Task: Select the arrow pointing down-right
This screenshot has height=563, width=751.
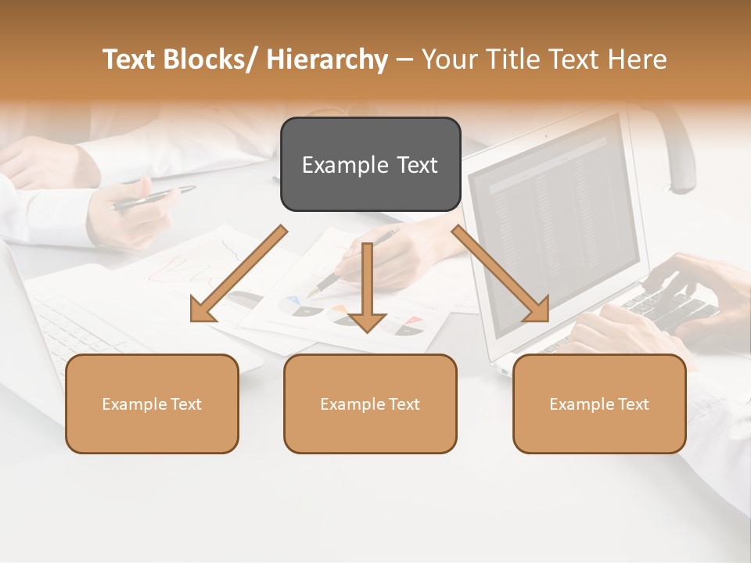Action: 501,274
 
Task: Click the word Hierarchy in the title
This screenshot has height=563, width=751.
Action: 327,59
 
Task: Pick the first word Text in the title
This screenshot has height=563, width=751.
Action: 130,59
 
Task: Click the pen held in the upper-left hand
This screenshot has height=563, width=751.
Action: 153,198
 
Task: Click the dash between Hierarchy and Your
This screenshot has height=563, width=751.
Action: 404,59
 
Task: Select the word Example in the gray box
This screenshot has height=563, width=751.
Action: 337,165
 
